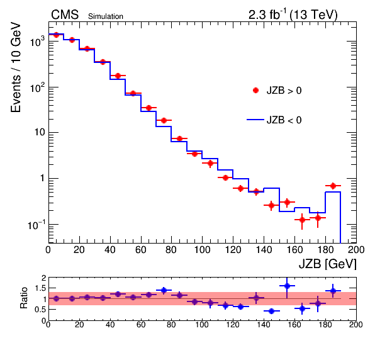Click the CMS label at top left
(65, 15)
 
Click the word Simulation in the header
(106, 16)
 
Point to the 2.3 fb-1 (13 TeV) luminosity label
(293, 15)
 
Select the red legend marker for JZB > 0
(255, 91)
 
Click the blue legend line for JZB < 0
(255, 120)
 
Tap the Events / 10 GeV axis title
(16, 67)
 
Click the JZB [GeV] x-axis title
(328, 264)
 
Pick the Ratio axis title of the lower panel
(24, 298)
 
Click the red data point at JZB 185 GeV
(333, 186)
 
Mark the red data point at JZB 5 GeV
(56, 35)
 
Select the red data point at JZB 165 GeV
(302, 220)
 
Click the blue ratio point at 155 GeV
(287, 286)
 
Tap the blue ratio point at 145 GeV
(271, 311)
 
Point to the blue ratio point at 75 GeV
(164, 290)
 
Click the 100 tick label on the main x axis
(202, 250)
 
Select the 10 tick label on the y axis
(40, 132)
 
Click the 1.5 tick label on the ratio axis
(40, 288)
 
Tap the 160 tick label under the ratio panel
(294, 325)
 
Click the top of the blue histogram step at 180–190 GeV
(333, 192)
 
